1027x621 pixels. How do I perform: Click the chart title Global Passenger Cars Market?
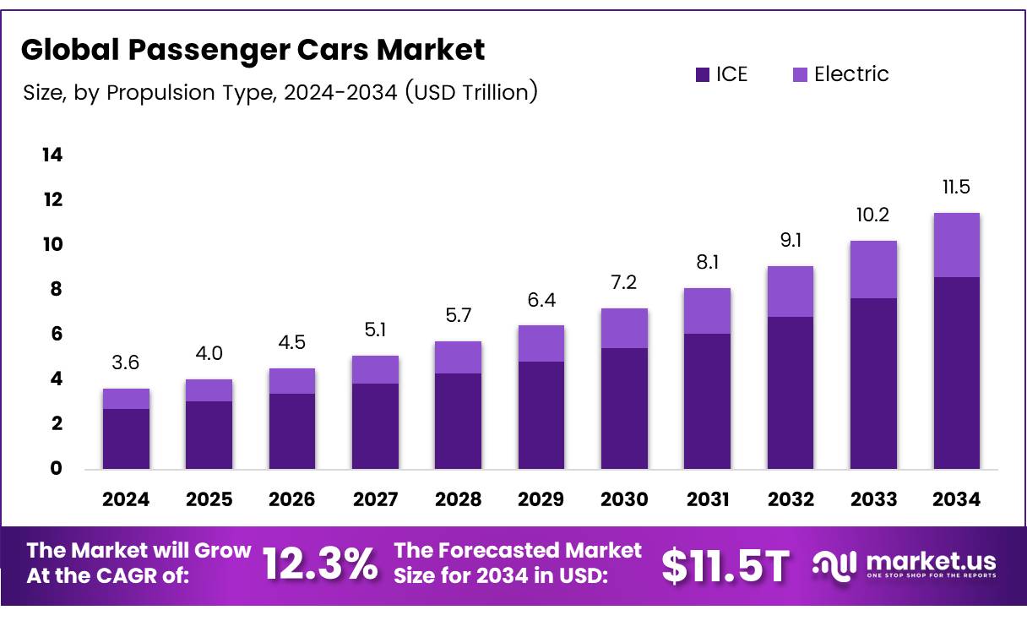pos(253,50)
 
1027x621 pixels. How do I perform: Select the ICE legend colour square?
pos(703,74)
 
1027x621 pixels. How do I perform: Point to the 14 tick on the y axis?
pos(52,155)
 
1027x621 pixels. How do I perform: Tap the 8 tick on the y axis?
pos(56,289)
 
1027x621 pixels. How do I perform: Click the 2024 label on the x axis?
pos(126,499)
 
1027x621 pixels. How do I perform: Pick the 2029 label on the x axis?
pos(541,499)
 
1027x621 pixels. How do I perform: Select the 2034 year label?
pos(956,499)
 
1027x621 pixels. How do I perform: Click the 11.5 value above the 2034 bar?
pos(956,187)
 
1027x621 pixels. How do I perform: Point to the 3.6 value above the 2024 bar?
pos(126,363)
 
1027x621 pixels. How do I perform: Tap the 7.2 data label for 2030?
pos(624,283)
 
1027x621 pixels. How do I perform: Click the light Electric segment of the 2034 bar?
pos(956,245)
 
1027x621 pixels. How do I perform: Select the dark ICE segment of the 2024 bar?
pos(126,439)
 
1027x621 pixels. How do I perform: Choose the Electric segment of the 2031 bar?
pos(707,311)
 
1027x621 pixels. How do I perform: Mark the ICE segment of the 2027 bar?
pos(375,426)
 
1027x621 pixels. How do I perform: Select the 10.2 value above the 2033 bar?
pos(873,215)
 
